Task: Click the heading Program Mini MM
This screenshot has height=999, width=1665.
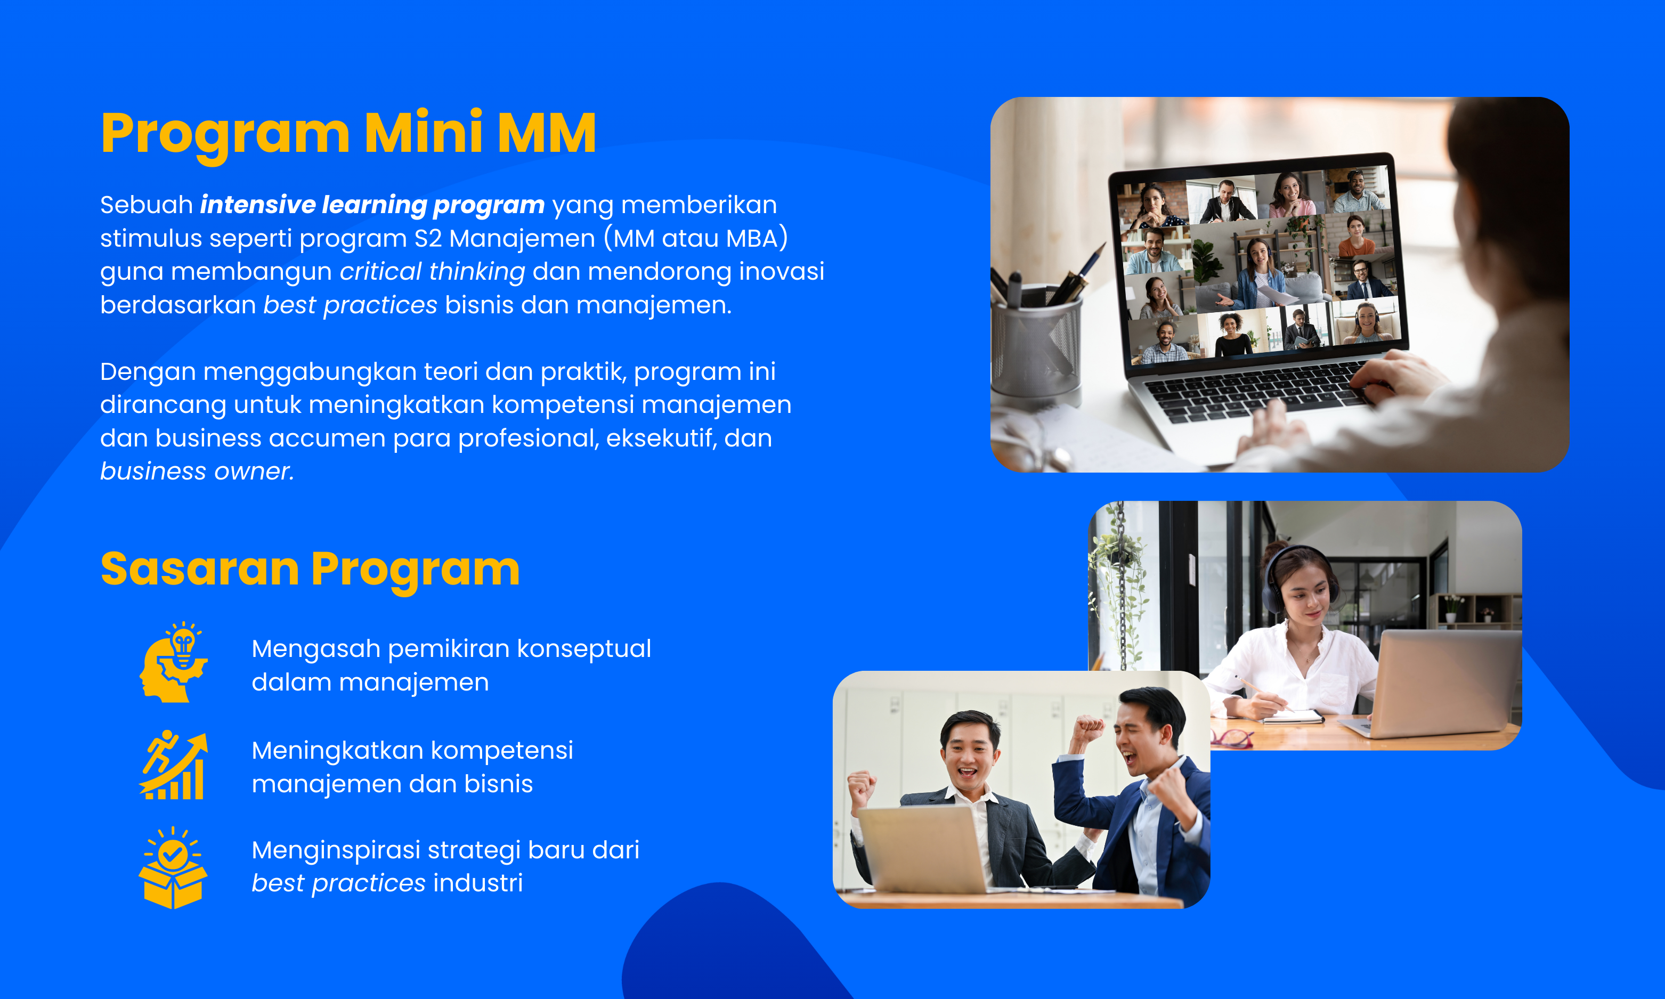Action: pos(348,134)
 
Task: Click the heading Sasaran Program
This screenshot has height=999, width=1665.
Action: pos(310,570)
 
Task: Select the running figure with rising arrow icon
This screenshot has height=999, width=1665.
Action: pos(174,766)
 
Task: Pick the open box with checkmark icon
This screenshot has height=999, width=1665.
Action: pos(173,868)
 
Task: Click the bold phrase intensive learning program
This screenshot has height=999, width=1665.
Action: pos(372,205)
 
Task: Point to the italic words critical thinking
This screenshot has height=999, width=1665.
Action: pos(432,271)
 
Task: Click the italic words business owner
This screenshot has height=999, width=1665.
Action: pos(197,471)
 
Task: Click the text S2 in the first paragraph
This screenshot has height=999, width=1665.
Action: pos(428,238)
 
